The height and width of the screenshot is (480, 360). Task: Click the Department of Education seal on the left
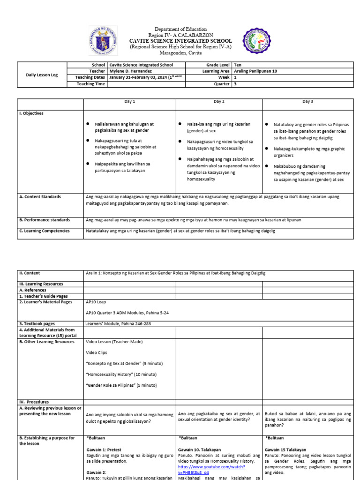(103, 41)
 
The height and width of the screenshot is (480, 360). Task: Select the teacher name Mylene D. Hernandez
(129, 71)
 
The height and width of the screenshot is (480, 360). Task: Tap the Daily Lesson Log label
(42, 75)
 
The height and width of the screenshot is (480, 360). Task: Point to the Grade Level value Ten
(237, 65)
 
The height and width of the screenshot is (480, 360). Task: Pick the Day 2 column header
(219, 102)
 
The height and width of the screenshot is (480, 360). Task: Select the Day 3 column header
(307, 102)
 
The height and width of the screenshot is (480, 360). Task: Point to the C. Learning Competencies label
(45, 231)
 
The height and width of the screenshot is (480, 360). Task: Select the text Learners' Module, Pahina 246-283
(118, 323)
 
